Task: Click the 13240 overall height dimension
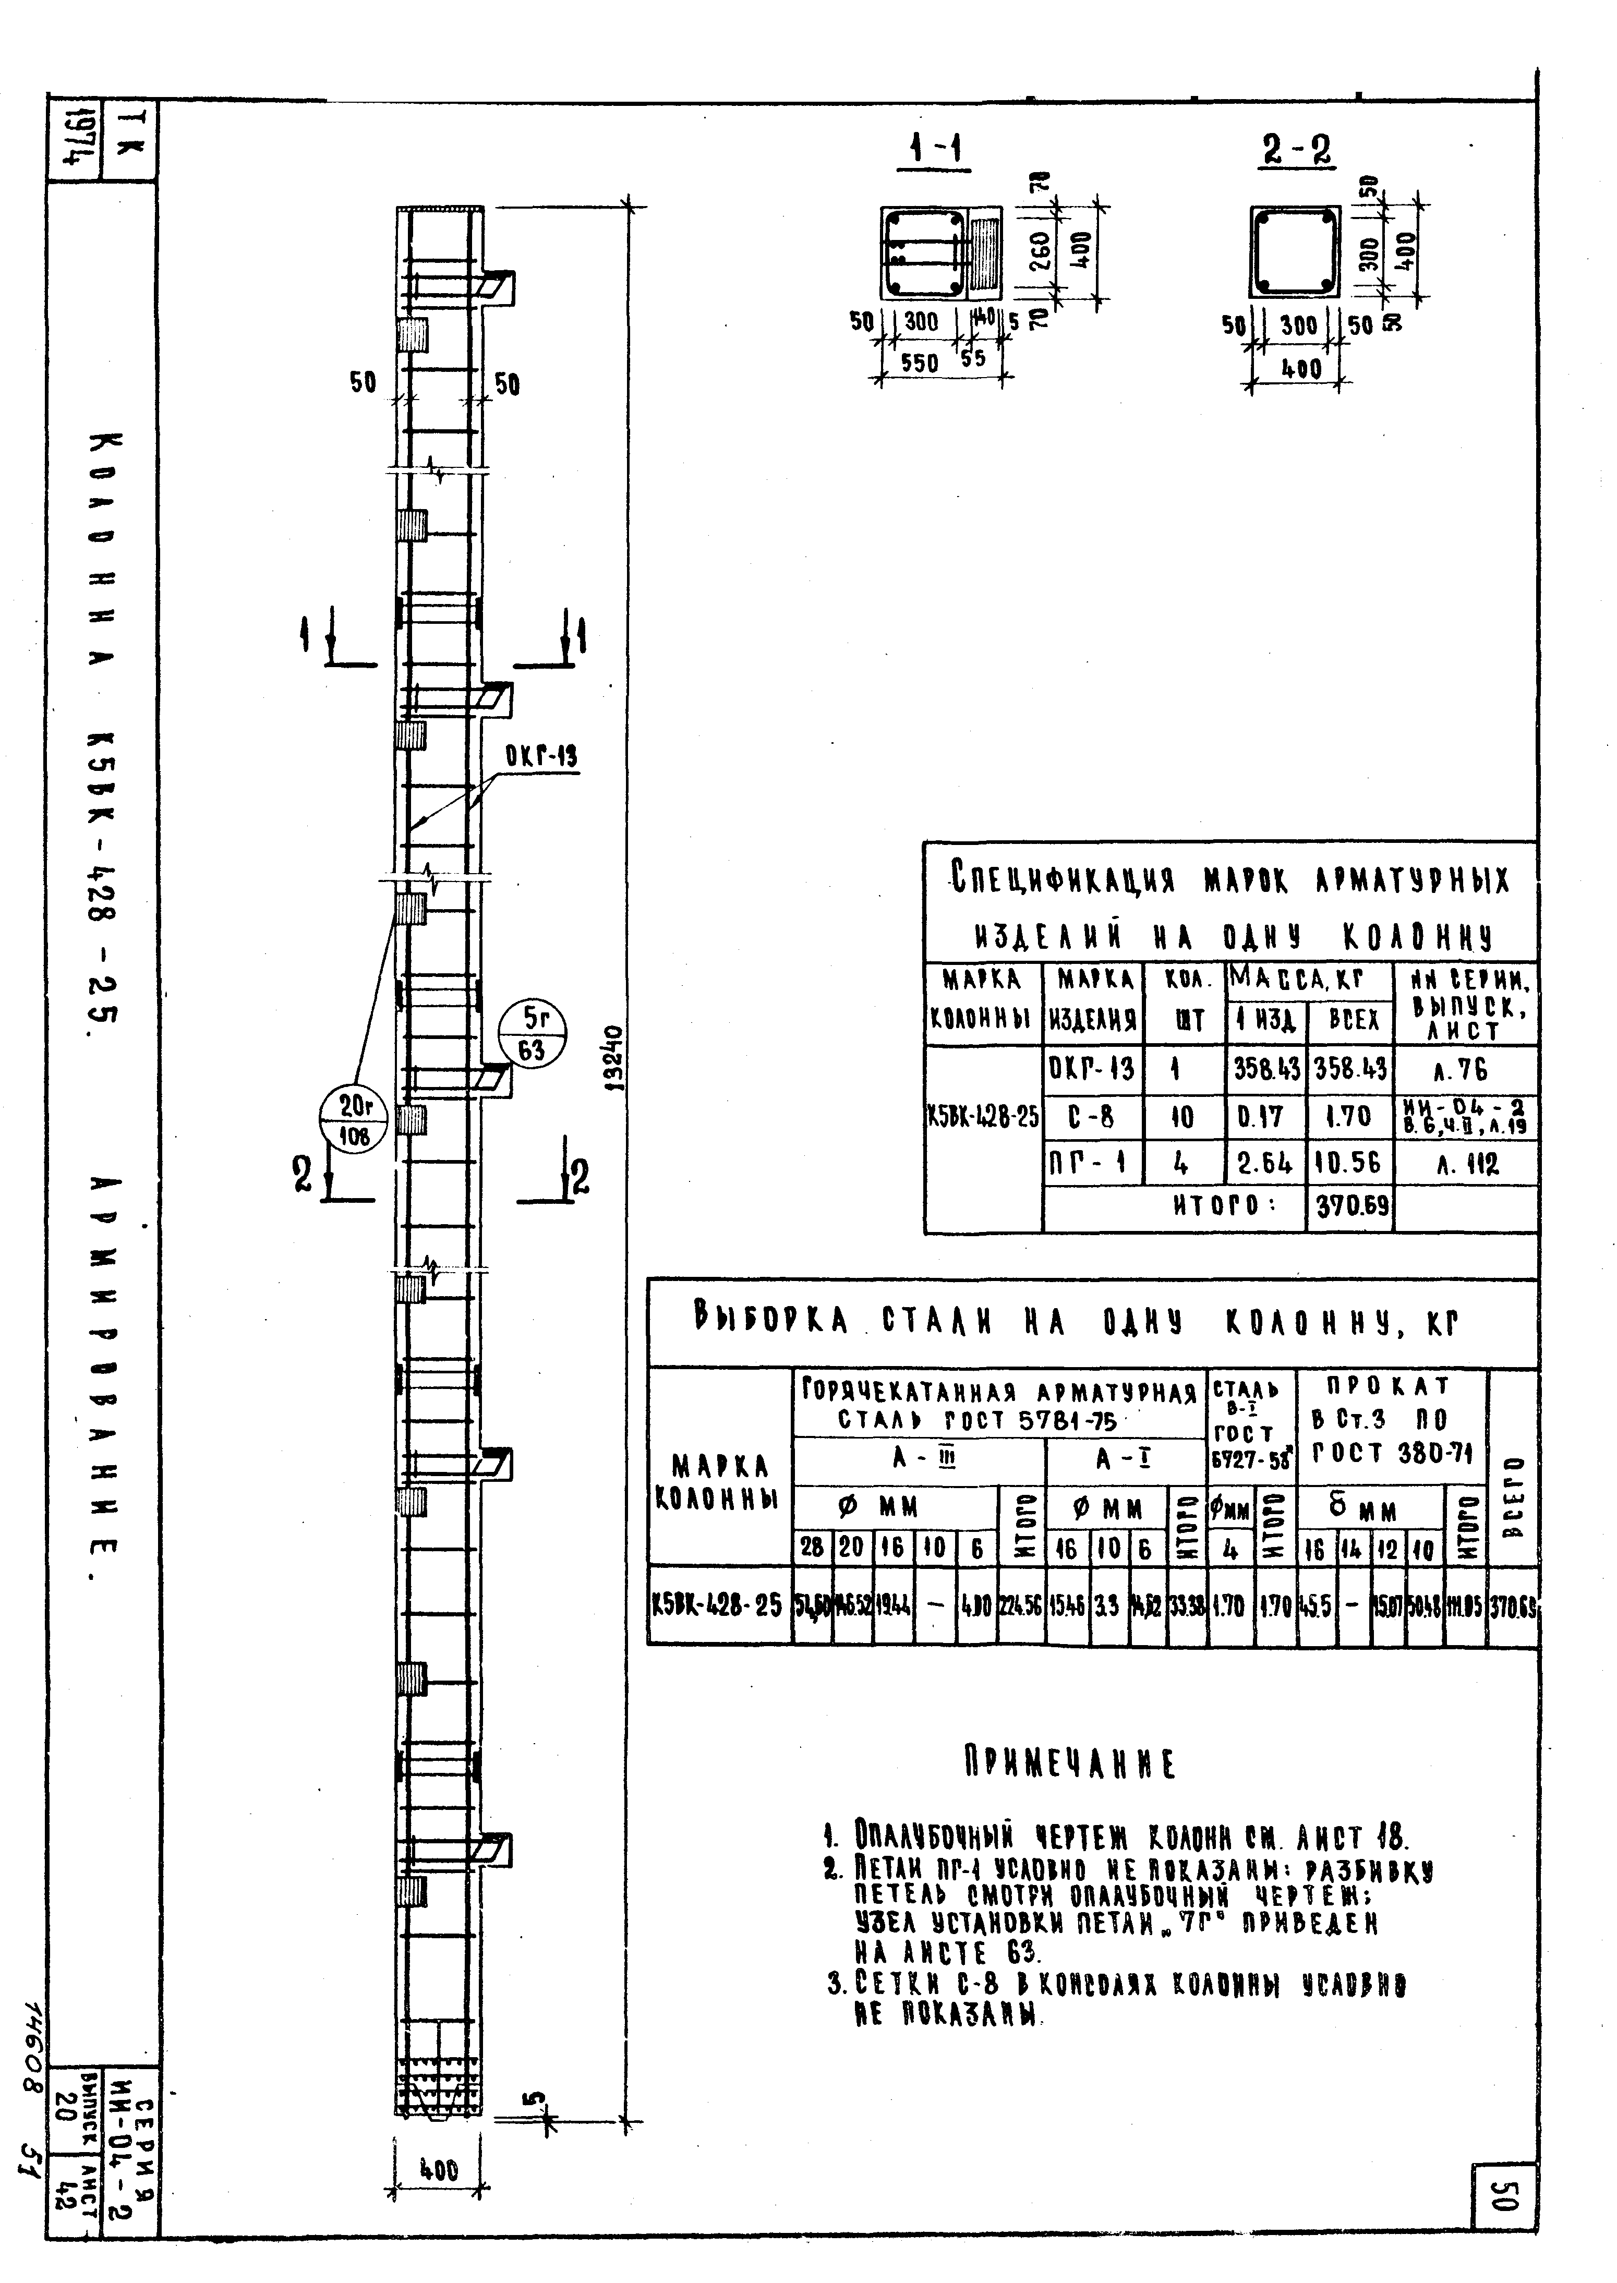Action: pos(614,1060)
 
